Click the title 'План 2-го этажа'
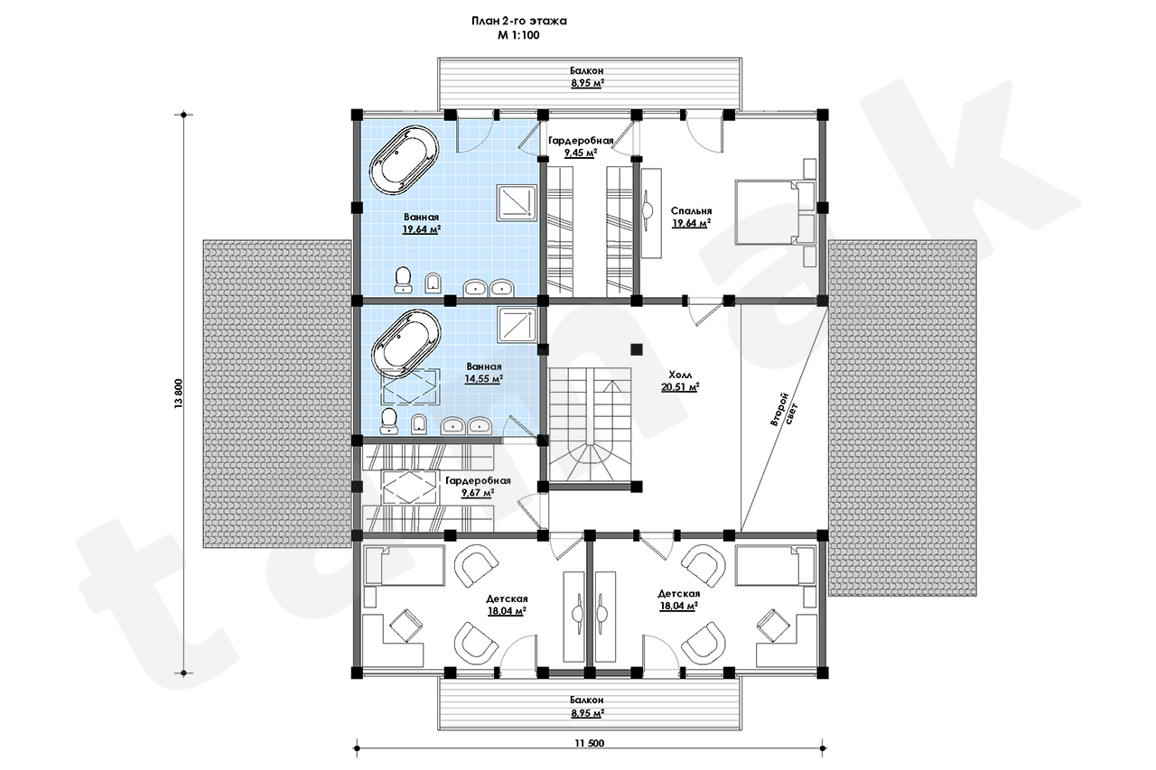pos(518,21)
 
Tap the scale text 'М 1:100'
pos(518,35)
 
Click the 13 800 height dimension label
pos(179,394)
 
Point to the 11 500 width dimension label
pos(590,743)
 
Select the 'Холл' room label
pos(680,375)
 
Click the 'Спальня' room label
pos(691,211)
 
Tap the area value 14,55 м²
pos(483,379)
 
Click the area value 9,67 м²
pos(478,493)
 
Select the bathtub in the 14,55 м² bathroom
pos(406,343)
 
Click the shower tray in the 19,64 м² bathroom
pos(517,203)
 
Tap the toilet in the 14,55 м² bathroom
pos(388,422)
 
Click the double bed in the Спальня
pos(775,211)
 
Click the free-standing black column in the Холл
pos(637,349)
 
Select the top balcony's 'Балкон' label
pos(587,70)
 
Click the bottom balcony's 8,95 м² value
pos(587,713)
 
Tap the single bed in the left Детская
pos(404,566)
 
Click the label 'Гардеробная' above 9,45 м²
pos(581,140)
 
